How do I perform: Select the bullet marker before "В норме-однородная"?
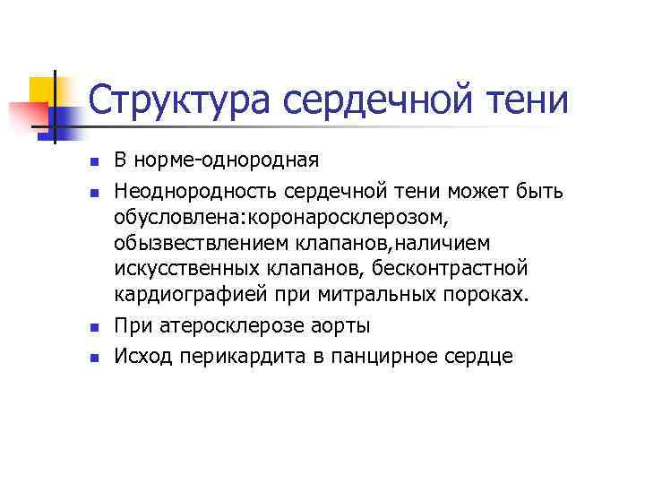pos(92,162)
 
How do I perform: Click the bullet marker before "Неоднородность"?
pos(92,192)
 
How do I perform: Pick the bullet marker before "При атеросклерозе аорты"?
pos(92,328)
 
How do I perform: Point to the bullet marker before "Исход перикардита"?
pos(92,357)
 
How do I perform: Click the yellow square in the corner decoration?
pos(42,91)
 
